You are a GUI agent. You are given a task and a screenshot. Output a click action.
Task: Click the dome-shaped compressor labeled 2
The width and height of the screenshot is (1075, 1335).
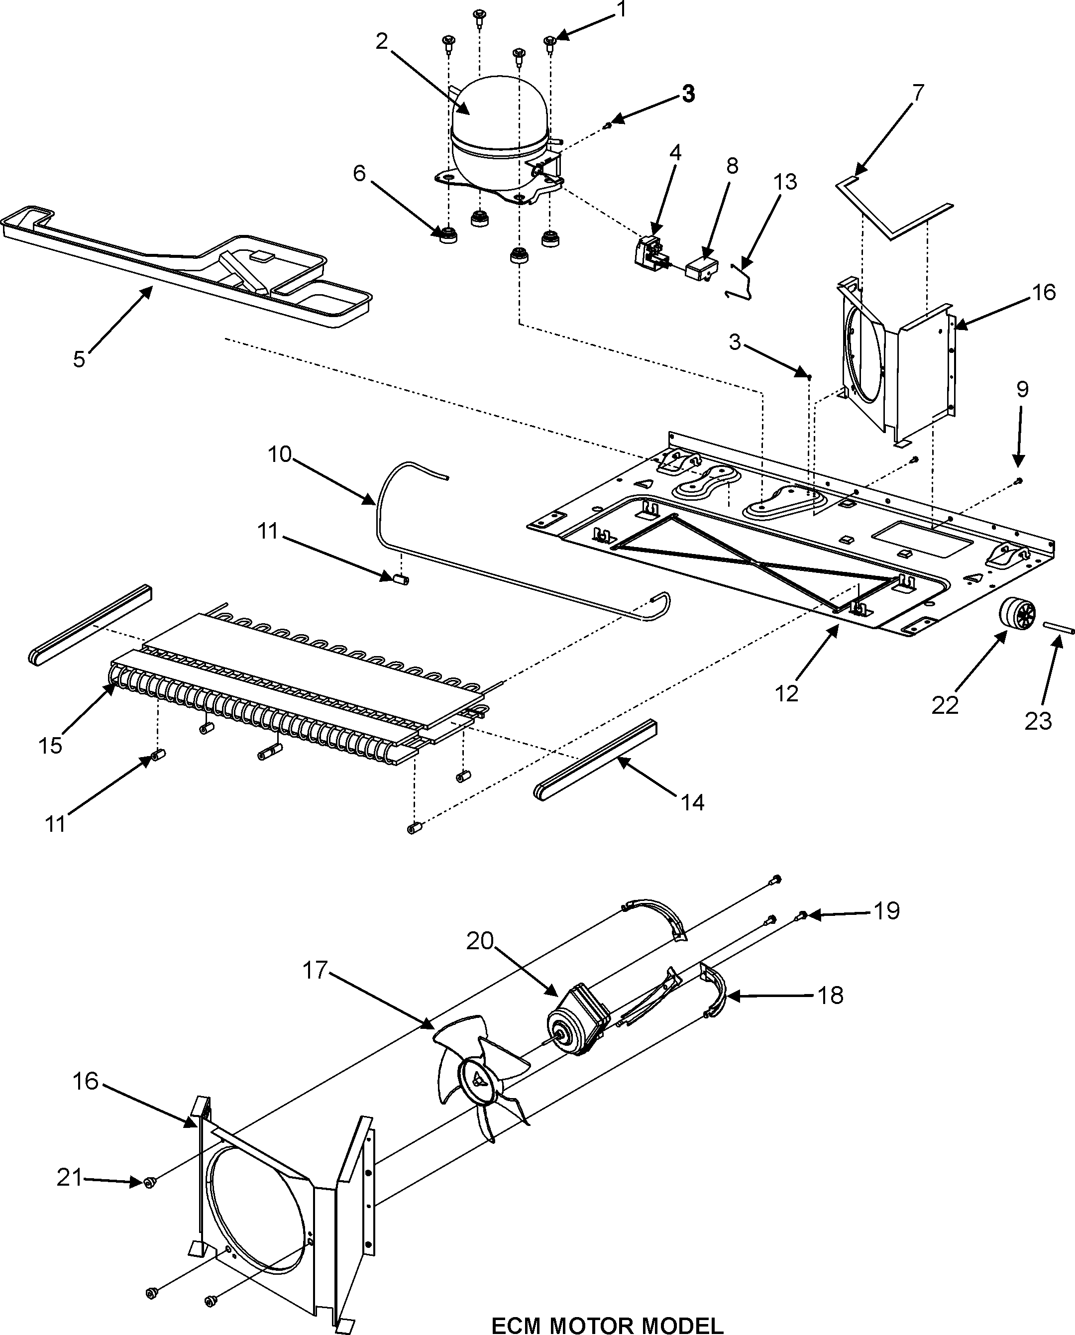coord(499,133)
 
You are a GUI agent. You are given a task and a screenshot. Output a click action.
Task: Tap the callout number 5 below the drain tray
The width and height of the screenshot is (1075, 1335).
coord(79,358)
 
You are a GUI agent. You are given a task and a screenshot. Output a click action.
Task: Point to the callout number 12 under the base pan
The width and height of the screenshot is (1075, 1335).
coord(787,694)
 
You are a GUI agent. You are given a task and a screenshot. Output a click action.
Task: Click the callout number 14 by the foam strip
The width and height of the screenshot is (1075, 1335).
coord(693,802)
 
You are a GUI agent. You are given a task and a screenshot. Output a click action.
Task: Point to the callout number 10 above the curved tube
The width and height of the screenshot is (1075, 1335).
coord(279,454)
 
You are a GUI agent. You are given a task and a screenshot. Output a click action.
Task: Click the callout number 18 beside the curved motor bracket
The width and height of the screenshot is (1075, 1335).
coord(831,996)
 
